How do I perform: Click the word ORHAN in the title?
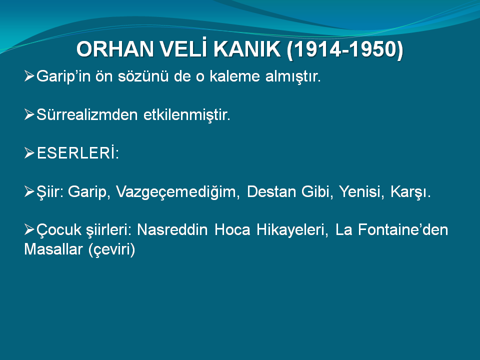point(115,49)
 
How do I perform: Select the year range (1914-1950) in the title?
point(345,50)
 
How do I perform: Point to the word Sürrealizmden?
point(87,115)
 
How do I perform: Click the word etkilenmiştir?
point(186,115)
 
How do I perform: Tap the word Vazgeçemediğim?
point(177,192)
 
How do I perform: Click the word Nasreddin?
point(172,229)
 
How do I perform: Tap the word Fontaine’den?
point(403,229)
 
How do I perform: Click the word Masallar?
point(53,249)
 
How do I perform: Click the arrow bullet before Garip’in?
point(29,76)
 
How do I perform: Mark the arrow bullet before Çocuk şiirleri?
point(29,229)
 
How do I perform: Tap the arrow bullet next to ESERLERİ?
point(29,153)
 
